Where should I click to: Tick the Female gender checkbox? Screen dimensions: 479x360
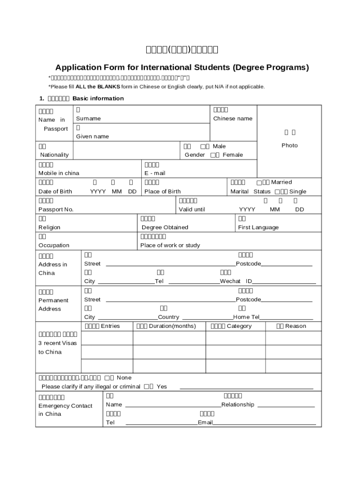pyautogui.click(x=213, y=155)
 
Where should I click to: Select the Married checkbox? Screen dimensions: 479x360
pyautogui.click(x=259, y=182)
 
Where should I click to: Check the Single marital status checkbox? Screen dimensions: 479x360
pyautogui.click(x=277, y=191)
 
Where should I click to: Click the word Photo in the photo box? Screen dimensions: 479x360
pyautogui.click(x=289, y=145)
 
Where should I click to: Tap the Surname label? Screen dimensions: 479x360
pyautogui.click(x=88, y=119)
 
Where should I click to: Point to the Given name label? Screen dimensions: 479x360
pyautogui.click(x=92, y=137)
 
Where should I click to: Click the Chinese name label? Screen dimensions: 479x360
pyautogui.click(x=232, y=119)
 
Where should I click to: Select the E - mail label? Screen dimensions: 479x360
pyautogui.click(x=154, y=173)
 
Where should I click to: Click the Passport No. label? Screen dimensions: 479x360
pyautogui.click(x=56, y=210)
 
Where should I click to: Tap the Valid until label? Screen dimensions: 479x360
pyautogui.click(x=192, y=210)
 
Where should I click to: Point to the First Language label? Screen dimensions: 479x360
pyautogui.click(x=258, y=227)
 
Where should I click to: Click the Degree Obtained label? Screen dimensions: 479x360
pyautogui.click(x=165, y=227)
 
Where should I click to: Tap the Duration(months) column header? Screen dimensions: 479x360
pyautogui.click(x=166, y=326)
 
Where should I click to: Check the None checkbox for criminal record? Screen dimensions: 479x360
pyautogui.click(x=107, y=377)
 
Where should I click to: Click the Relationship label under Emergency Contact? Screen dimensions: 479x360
pyautogui.click(x=238, y=405)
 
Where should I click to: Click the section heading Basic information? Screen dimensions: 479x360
pyautogui.click(x=98, y=98)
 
